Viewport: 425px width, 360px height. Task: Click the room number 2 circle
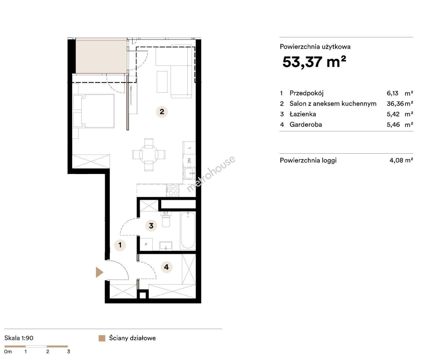tap(162, 112)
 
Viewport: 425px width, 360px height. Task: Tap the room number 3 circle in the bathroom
tap(151, 226)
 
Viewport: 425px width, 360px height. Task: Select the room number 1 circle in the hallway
tap(120, 245)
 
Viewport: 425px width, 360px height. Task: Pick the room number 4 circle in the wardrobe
tap(166, 267)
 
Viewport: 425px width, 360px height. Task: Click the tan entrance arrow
tap(99, 272)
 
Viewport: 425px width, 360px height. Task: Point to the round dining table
tap(149, 155)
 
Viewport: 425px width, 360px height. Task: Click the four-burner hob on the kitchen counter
tap(173, 190)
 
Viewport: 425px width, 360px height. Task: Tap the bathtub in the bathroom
tap(188, 230)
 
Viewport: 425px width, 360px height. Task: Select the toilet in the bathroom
tap(166, 221)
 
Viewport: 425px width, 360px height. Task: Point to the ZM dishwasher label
tap(189, 160)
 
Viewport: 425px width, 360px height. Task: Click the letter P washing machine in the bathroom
tap(146, 244)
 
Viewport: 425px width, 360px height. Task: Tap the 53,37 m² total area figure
tap(314, 62)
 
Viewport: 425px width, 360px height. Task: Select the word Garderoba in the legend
tap(306, 124)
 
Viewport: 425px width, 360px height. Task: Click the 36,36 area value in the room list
tap(395, 103)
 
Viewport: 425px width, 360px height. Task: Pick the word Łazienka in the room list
tap(303, 114)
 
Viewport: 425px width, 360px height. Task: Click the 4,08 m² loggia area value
tap(401, 160)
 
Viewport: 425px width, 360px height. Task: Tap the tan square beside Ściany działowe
tap(102, 338)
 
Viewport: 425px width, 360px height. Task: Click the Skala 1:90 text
tap(19, 338)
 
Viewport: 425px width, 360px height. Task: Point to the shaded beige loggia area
tap(101, 56)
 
